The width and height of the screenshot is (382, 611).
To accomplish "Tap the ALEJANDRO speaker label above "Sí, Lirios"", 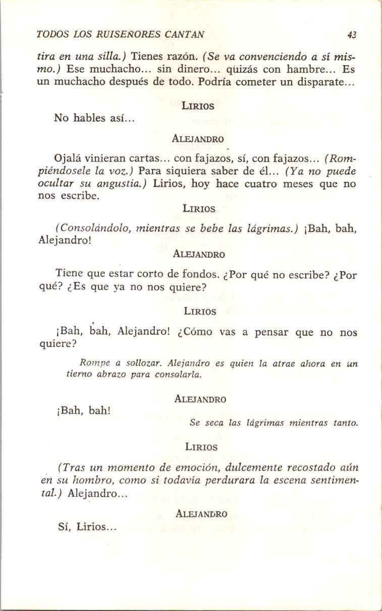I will click(201, 514).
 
